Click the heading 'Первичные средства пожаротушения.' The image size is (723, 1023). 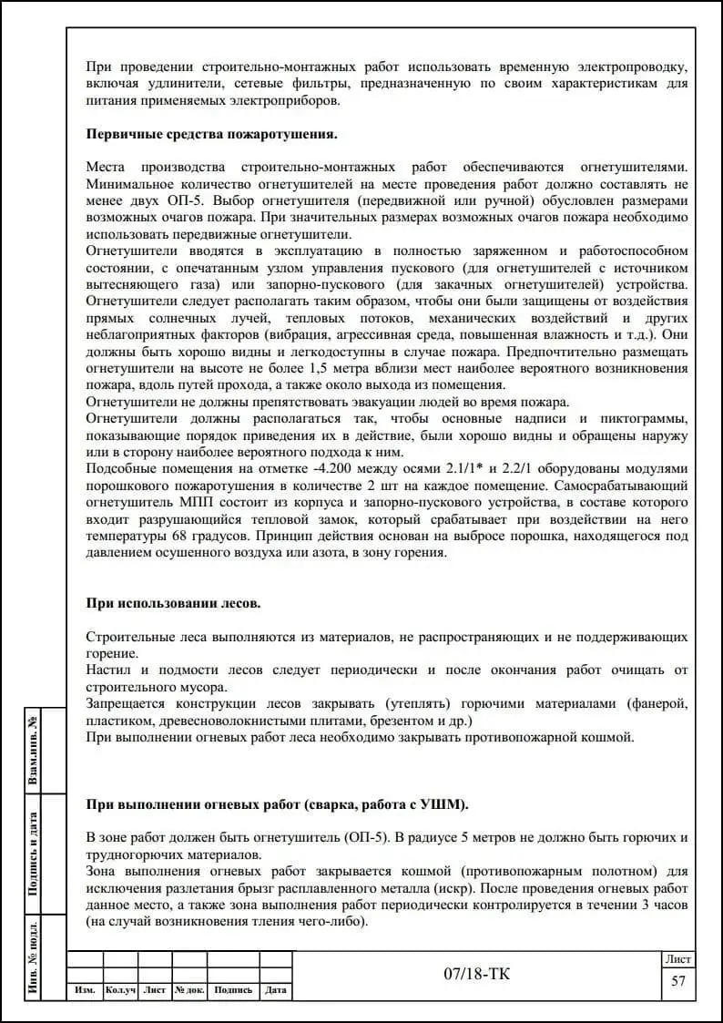[211, 134]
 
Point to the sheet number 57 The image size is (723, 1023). [677, 982]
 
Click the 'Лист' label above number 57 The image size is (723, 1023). [677, 959]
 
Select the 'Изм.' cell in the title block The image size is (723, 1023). [86, 990]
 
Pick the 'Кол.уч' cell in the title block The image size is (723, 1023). [121, 990]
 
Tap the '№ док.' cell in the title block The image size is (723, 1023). [190, 990]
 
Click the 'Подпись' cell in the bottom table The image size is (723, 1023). [234, 990]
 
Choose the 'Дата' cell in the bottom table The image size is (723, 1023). [276, 990]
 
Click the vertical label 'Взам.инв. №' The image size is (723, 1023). [34, 749]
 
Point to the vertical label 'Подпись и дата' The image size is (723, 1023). [34, 853]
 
